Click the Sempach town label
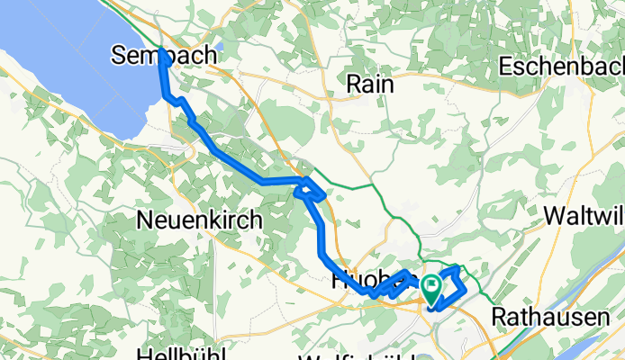coord(165,55)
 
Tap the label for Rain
coord(372,83)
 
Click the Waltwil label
coord(584,217)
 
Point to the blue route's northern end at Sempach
coord(161,52)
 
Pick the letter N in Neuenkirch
coord(143,219)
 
